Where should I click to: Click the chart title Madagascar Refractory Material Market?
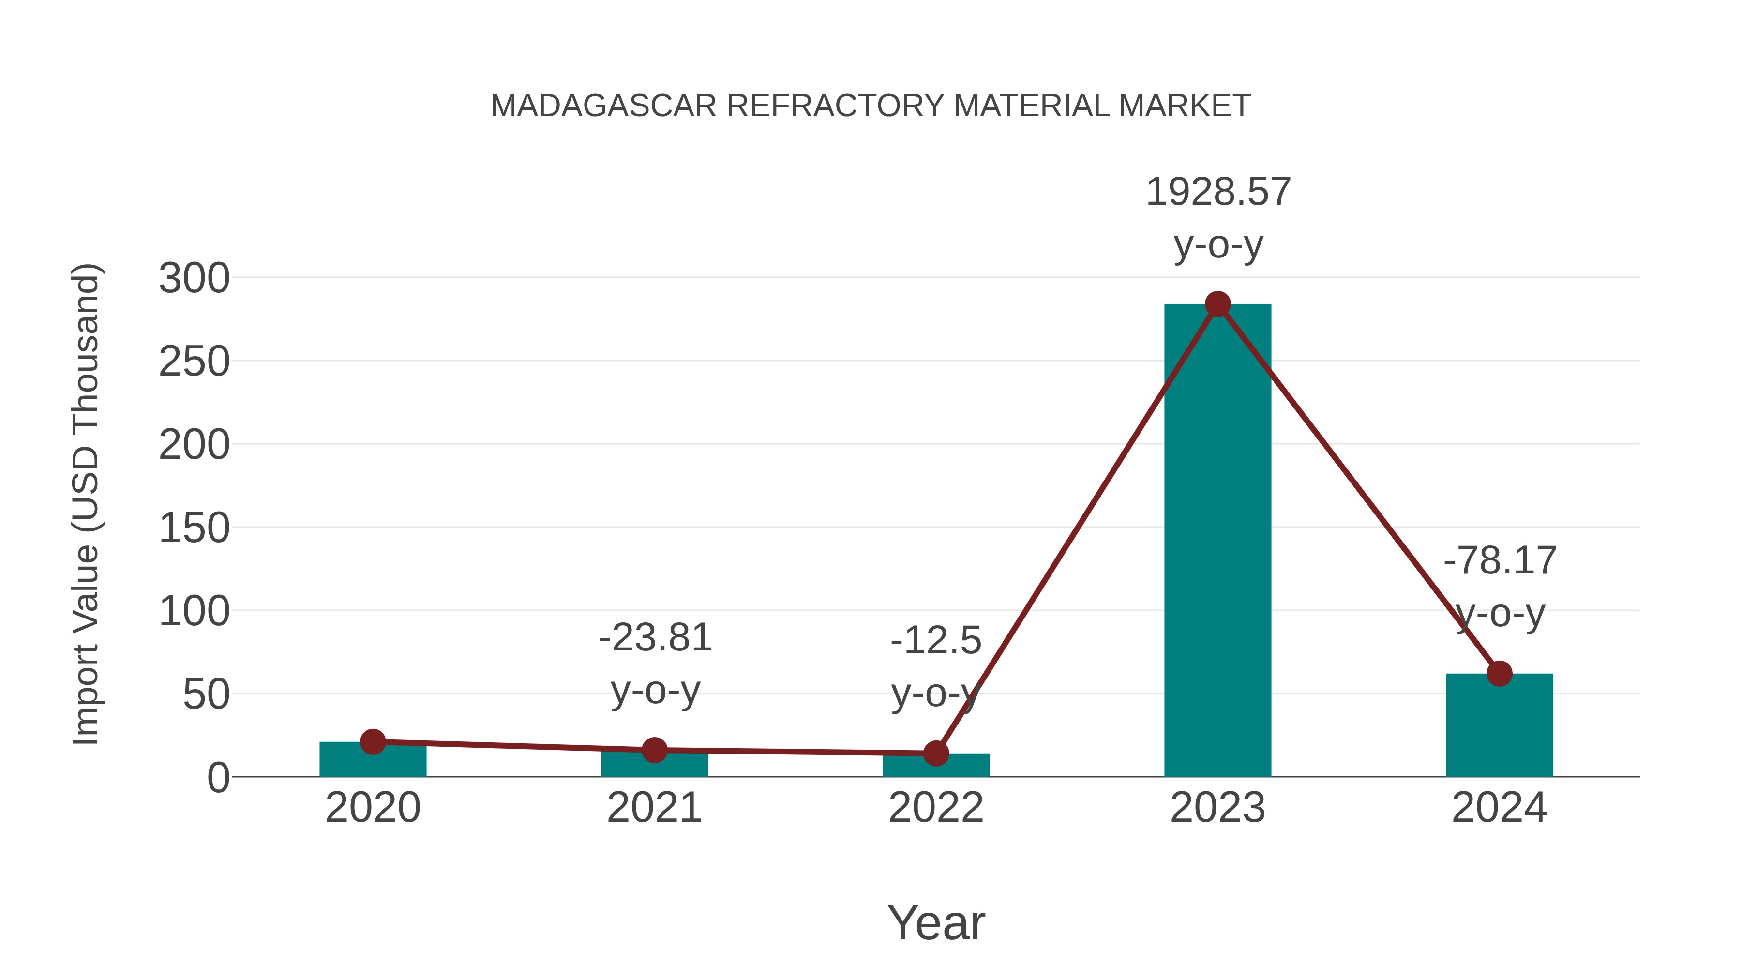point(871,106)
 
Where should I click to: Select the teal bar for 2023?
point(1217,541)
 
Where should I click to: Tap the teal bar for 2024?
point(1499,727)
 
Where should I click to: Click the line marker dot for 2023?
point(1217,304)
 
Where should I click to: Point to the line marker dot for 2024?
point(1499,674)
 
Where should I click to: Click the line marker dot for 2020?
point(373,742)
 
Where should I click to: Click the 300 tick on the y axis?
point(194,279)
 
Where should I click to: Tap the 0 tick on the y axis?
point(218,778)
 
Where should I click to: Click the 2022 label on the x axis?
point(936,808)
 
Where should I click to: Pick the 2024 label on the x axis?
point(1499,808)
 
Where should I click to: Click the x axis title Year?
point(936,923)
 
